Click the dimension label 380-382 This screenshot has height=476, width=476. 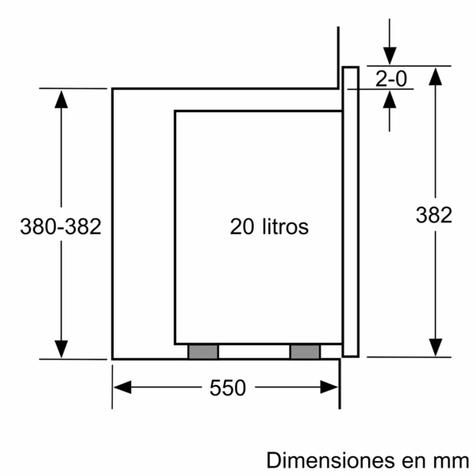61,226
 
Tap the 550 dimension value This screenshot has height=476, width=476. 228,388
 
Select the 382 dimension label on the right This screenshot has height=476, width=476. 434,215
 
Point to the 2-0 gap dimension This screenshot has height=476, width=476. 391,78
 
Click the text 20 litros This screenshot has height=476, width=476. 269,226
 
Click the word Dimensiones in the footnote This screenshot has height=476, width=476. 330,461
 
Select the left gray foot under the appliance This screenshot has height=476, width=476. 203,352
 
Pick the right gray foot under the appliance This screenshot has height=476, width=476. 305,352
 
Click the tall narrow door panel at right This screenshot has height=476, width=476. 351,211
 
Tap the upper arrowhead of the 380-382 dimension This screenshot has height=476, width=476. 61,99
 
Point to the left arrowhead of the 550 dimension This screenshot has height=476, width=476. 122,387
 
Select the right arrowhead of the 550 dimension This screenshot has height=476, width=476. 329,387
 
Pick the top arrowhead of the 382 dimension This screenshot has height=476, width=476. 435,76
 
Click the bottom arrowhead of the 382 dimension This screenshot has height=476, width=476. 435,347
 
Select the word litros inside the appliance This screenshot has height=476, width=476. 286,226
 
